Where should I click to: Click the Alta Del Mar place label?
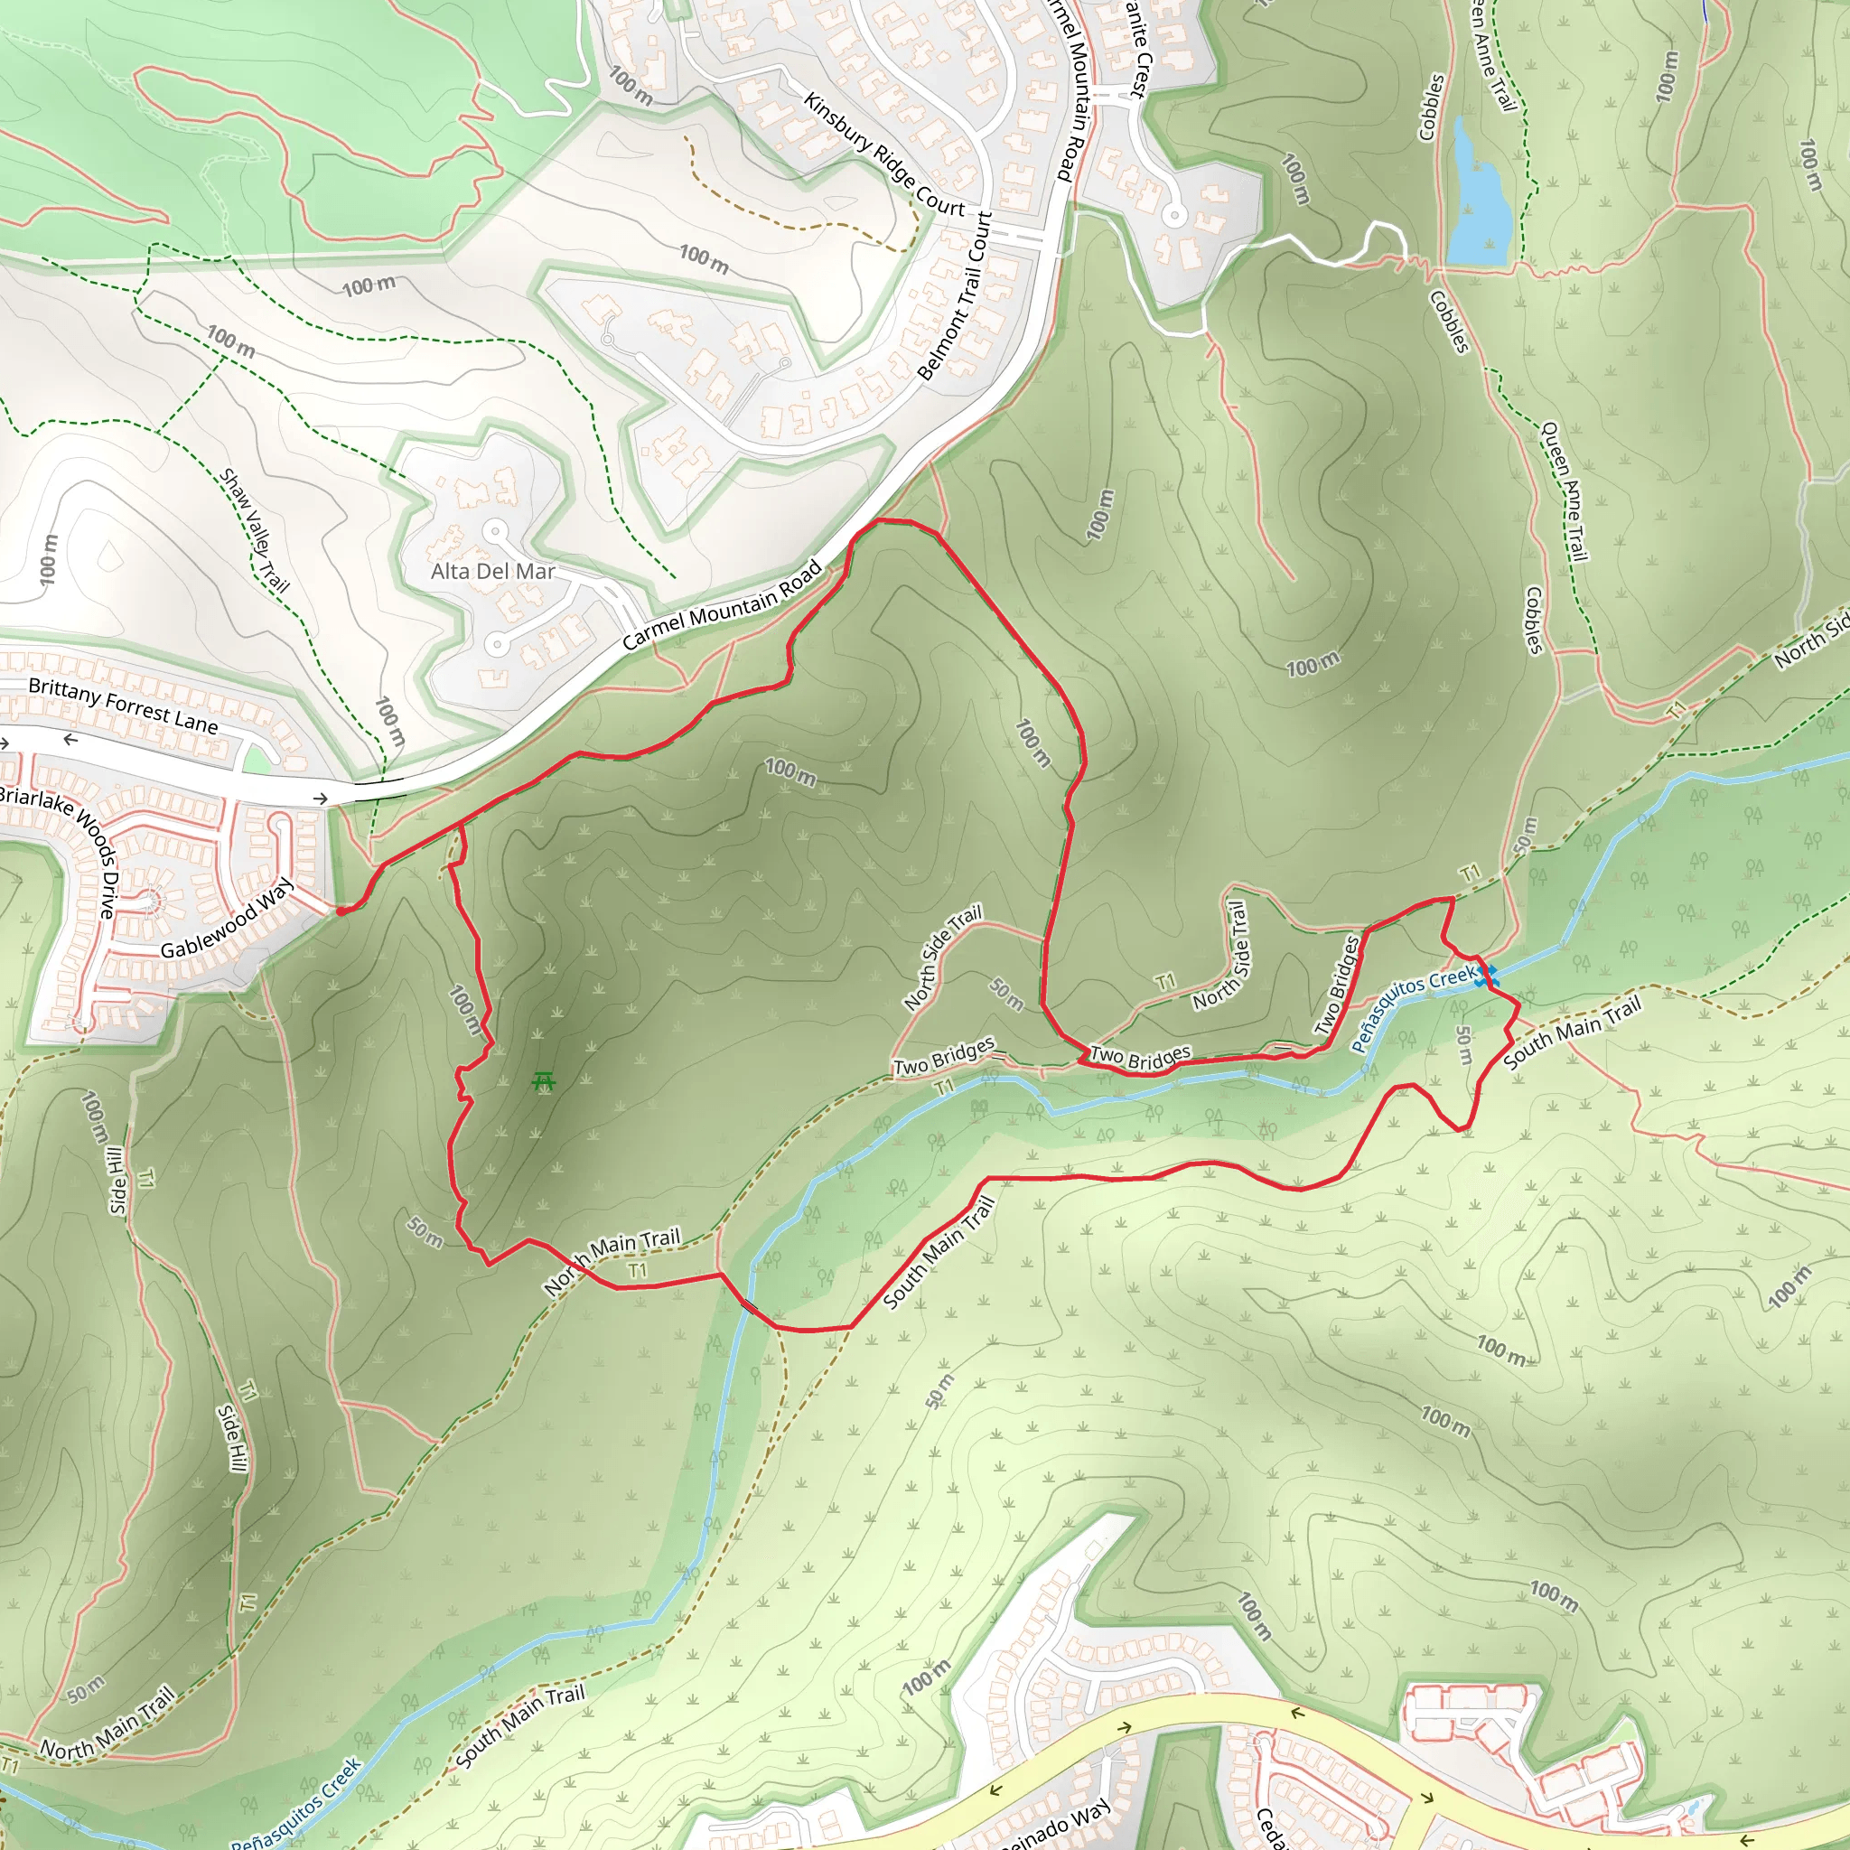492,572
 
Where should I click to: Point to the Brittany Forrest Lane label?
123,705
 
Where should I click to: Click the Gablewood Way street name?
226,920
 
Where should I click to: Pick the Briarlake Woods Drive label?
60,847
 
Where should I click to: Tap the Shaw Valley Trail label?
254,529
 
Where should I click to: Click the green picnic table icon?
544,1082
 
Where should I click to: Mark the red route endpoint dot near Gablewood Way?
341,911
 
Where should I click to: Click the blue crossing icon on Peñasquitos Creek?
1486,976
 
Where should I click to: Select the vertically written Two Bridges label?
1338,986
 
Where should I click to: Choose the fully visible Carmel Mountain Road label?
722,605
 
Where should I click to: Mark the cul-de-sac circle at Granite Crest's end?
1174,216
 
